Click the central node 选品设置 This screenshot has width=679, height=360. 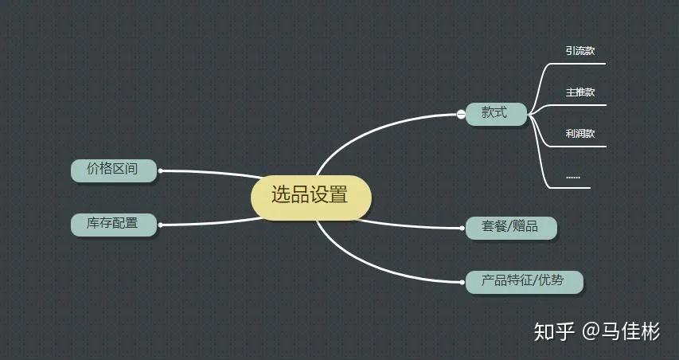coord(311,198)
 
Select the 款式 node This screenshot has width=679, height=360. coord(496,114)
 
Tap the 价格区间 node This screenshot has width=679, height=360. coord(114,170)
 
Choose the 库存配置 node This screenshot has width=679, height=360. coord(114,225)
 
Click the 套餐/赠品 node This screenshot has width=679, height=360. coord(511,228)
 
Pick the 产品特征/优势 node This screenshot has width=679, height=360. coord(524,282)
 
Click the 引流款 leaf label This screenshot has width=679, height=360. coord(579,51)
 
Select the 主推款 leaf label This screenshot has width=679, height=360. coord(579,92)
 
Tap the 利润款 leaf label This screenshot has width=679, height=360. coord(579,134)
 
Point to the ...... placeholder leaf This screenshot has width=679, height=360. coord(573,177)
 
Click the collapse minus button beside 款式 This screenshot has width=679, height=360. coord(461,115)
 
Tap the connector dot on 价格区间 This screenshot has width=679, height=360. coord(160,170)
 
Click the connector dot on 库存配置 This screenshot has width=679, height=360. coord(160,225)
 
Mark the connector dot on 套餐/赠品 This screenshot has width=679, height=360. coord(463,228)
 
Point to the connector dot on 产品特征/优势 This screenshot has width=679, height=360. coord(463,282)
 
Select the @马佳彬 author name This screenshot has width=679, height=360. coord(621,332)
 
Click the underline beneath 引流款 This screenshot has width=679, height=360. coord(578,64)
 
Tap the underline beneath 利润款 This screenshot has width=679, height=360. coord(579,147)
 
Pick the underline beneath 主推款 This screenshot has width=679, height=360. coord(579,105)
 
